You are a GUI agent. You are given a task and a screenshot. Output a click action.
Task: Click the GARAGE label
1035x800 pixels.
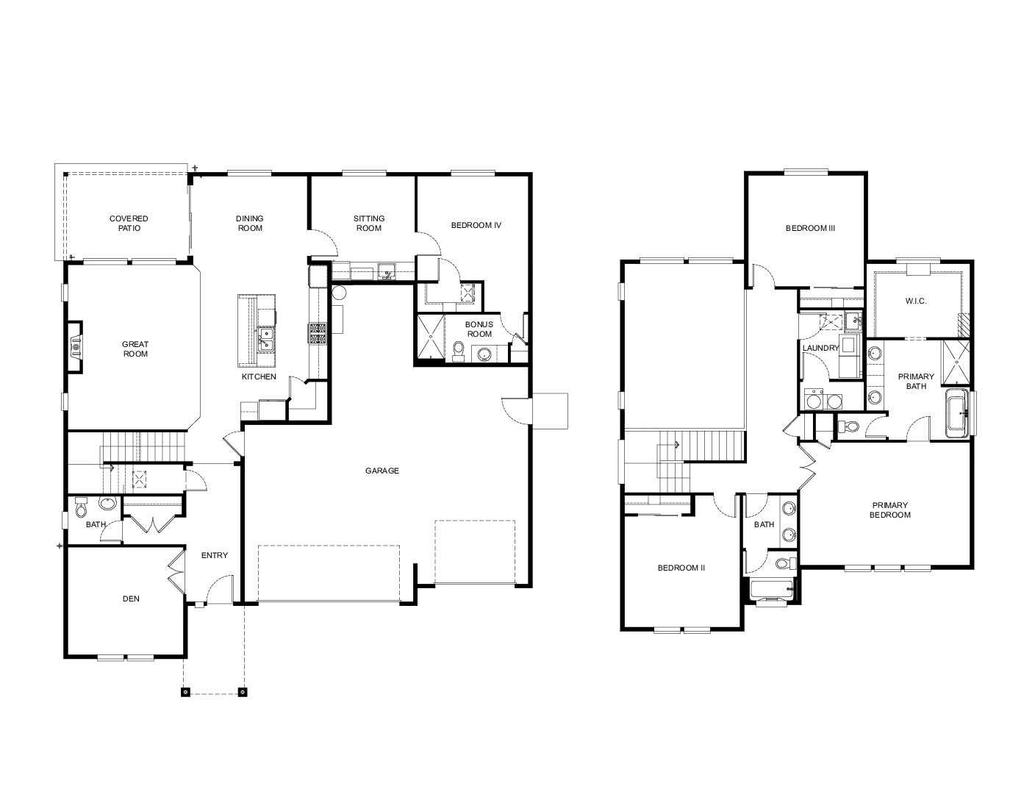point(382,471)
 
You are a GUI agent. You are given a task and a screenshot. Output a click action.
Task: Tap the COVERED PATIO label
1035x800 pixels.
point(129,223)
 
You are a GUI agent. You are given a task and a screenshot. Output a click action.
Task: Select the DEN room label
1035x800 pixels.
point(131,599)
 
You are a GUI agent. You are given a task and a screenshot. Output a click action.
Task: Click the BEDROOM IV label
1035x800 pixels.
point(476,225)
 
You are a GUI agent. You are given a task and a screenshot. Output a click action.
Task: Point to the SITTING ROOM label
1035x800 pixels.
point(369,223)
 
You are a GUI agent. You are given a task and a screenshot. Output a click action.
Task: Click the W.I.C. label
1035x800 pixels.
point(915,301)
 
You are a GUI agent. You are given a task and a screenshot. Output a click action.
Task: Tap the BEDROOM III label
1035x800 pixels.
point(810,228)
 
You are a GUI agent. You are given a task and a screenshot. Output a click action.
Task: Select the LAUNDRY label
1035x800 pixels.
point(820,348)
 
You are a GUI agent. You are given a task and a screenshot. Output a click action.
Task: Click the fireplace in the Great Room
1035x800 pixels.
point(75,347)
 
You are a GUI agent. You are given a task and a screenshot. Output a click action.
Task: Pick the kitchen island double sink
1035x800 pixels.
point(265,339)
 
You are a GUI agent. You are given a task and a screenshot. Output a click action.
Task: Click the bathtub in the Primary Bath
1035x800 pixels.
point(956,413)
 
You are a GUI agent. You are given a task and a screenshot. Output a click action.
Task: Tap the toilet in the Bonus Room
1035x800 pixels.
point(459,349)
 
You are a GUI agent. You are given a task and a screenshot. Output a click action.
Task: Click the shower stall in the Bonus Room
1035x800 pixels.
point(431,335)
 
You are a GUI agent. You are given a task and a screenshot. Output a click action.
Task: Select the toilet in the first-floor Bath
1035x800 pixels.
point(81,507)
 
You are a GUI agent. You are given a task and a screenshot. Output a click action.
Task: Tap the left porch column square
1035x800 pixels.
point(186,692)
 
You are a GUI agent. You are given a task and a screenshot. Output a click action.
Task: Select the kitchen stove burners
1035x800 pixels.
point(318,334)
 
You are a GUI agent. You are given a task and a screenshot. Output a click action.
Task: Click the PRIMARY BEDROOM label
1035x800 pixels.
point(889,510)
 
